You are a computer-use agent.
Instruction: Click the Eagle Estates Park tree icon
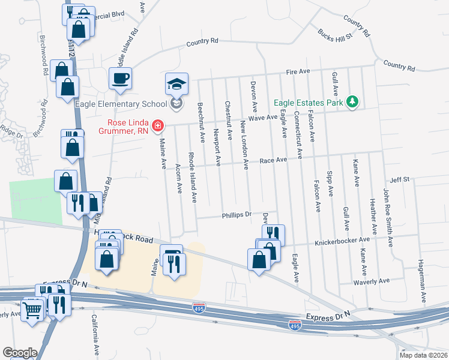tap(353, 103)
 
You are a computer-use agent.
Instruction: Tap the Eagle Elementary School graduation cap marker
tap(177, 85)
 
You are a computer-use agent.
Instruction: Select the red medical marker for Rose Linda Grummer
tap(157, 125)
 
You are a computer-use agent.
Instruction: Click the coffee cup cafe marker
tap(121, 78)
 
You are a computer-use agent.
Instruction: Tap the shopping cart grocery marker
tap(32, 310)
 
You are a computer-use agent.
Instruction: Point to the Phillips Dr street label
tap(236, 215)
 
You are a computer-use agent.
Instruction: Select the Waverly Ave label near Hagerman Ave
tap(372, 280)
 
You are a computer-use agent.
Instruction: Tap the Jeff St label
tap(399, 179)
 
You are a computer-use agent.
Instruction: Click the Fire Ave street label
tap(298, 71)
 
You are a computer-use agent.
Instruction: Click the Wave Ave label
tap(262, 118)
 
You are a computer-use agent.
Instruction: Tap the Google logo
tap(20, 353)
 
